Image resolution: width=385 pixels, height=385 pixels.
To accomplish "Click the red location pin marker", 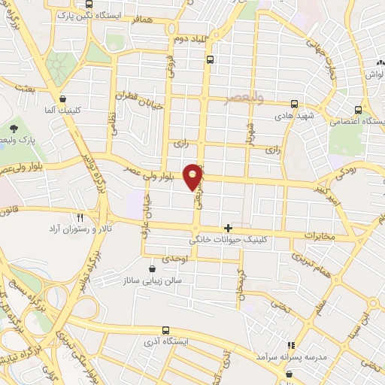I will point(193,176).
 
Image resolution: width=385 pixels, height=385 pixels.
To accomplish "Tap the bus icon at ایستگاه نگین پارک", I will point(89,4).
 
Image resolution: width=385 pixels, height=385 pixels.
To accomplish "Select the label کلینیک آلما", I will point(64,110).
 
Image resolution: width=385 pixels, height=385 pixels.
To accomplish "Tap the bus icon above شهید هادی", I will point(294,104).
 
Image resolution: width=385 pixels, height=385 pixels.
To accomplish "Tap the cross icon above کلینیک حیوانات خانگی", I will point(228,227).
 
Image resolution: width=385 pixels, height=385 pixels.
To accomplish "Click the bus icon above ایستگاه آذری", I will point(165,330).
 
